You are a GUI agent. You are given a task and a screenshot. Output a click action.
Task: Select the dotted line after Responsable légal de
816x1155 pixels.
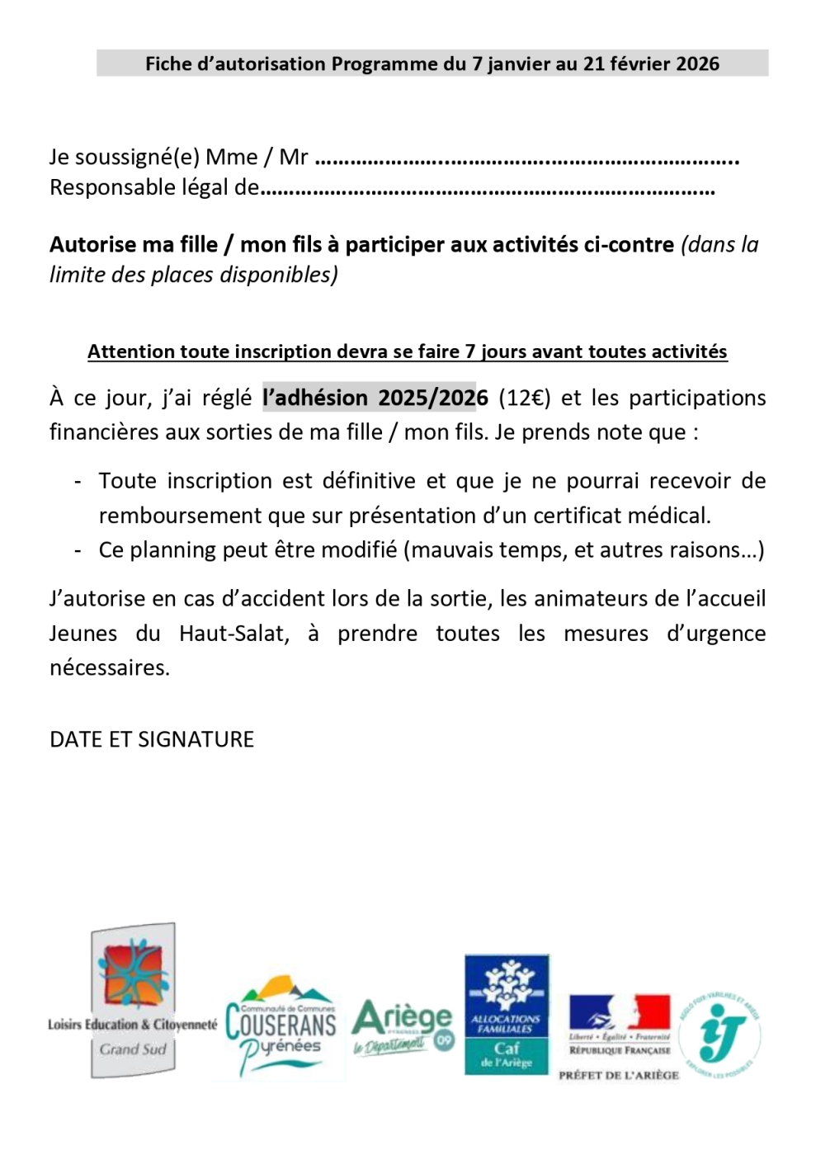click(487, 190)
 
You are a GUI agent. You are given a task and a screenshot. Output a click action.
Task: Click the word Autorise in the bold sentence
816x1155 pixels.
click(93, 244)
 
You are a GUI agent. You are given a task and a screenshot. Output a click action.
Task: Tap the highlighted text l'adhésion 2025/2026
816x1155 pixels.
click(375, 398)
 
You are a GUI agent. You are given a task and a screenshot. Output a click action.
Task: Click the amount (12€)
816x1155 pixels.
click(524, 398)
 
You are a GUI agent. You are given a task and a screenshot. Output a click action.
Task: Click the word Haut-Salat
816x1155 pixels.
click(233, 634)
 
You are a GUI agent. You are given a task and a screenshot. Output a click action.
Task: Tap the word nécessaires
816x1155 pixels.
click(109, 667)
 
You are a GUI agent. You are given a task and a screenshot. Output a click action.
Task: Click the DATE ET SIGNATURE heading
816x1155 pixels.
click(152, 739)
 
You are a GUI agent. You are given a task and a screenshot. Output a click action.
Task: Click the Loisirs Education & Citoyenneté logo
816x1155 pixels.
click(132, 1000)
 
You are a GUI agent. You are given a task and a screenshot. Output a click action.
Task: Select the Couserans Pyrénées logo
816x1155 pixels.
click(281, 1027)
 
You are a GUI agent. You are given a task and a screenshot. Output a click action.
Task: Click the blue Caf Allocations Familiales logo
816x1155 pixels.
click(507, 1013)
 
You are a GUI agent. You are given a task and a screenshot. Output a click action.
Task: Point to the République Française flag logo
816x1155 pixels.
click(620, 1027)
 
